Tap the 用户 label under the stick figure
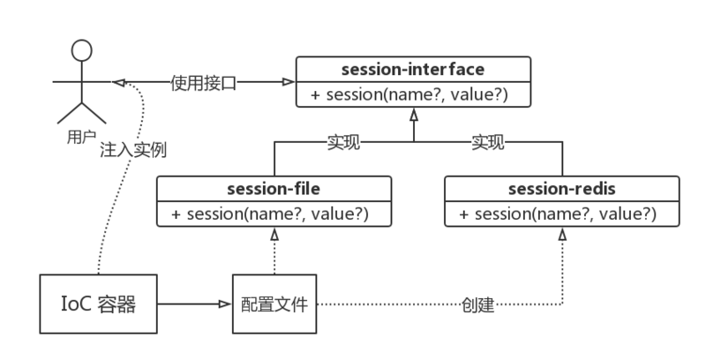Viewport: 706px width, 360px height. (x=81, y=138)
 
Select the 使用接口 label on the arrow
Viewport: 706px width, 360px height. (x=204, y=84)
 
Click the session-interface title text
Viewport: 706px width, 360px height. (x=412, y=68)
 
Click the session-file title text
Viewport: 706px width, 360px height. (x=273, y=188)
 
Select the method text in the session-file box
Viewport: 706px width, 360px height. (x=273, y=214)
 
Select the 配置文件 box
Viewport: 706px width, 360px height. (x=274, y=305)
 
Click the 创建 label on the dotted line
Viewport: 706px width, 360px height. (x=477, y=306)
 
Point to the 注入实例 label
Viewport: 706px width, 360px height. (x=134, y=150)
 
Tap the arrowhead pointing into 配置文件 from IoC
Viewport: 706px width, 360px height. (x=225, y=305)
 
